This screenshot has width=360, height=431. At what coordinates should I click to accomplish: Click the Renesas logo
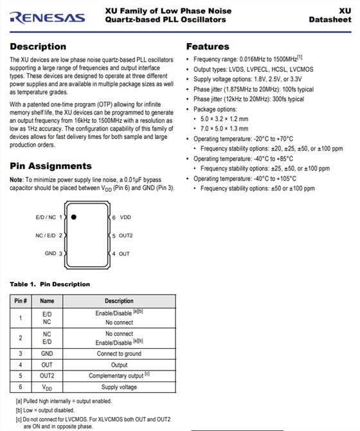coord(48,16)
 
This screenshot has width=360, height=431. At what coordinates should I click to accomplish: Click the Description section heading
coord(38,46)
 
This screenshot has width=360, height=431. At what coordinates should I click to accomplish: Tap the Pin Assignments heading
coord(51,165)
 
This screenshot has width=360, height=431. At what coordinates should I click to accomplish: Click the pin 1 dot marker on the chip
coord(74,217)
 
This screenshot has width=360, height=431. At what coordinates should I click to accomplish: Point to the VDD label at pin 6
coord(125,217)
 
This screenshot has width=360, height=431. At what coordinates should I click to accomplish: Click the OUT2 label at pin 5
coord(126,235)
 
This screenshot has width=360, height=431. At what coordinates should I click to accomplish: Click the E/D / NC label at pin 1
coord(47,217)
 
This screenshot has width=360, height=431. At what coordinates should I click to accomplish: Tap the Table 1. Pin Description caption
coord(50,284)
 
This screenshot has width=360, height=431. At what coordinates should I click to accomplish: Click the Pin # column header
coord(21,300)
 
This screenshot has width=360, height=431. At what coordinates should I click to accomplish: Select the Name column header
coord(47,300)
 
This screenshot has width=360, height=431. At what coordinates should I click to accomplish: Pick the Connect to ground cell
coord(119,353)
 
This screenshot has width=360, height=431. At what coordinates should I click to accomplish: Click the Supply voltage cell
coord(119,387)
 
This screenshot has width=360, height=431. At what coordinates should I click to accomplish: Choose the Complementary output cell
coord(119,375)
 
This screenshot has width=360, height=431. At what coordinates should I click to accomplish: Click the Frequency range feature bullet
coord(248,59)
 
